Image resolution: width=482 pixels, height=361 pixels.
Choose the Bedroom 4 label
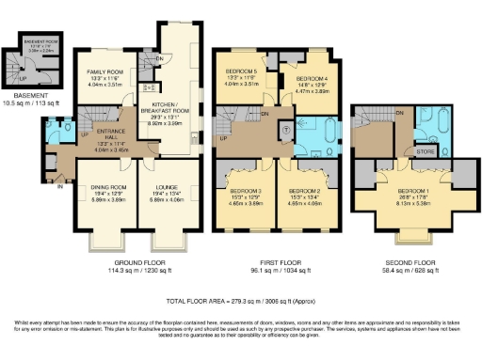[312, 79]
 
